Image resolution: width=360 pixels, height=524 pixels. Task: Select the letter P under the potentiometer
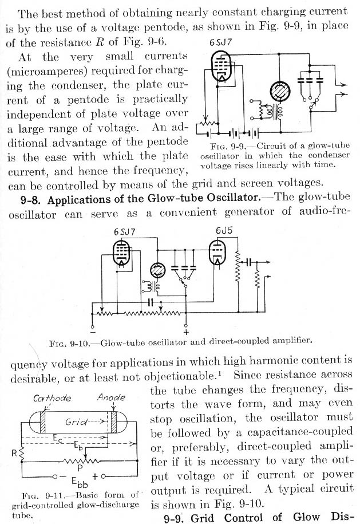(x=74, y=468)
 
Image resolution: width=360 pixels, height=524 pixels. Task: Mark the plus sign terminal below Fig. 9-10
(x=185, y=332)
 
